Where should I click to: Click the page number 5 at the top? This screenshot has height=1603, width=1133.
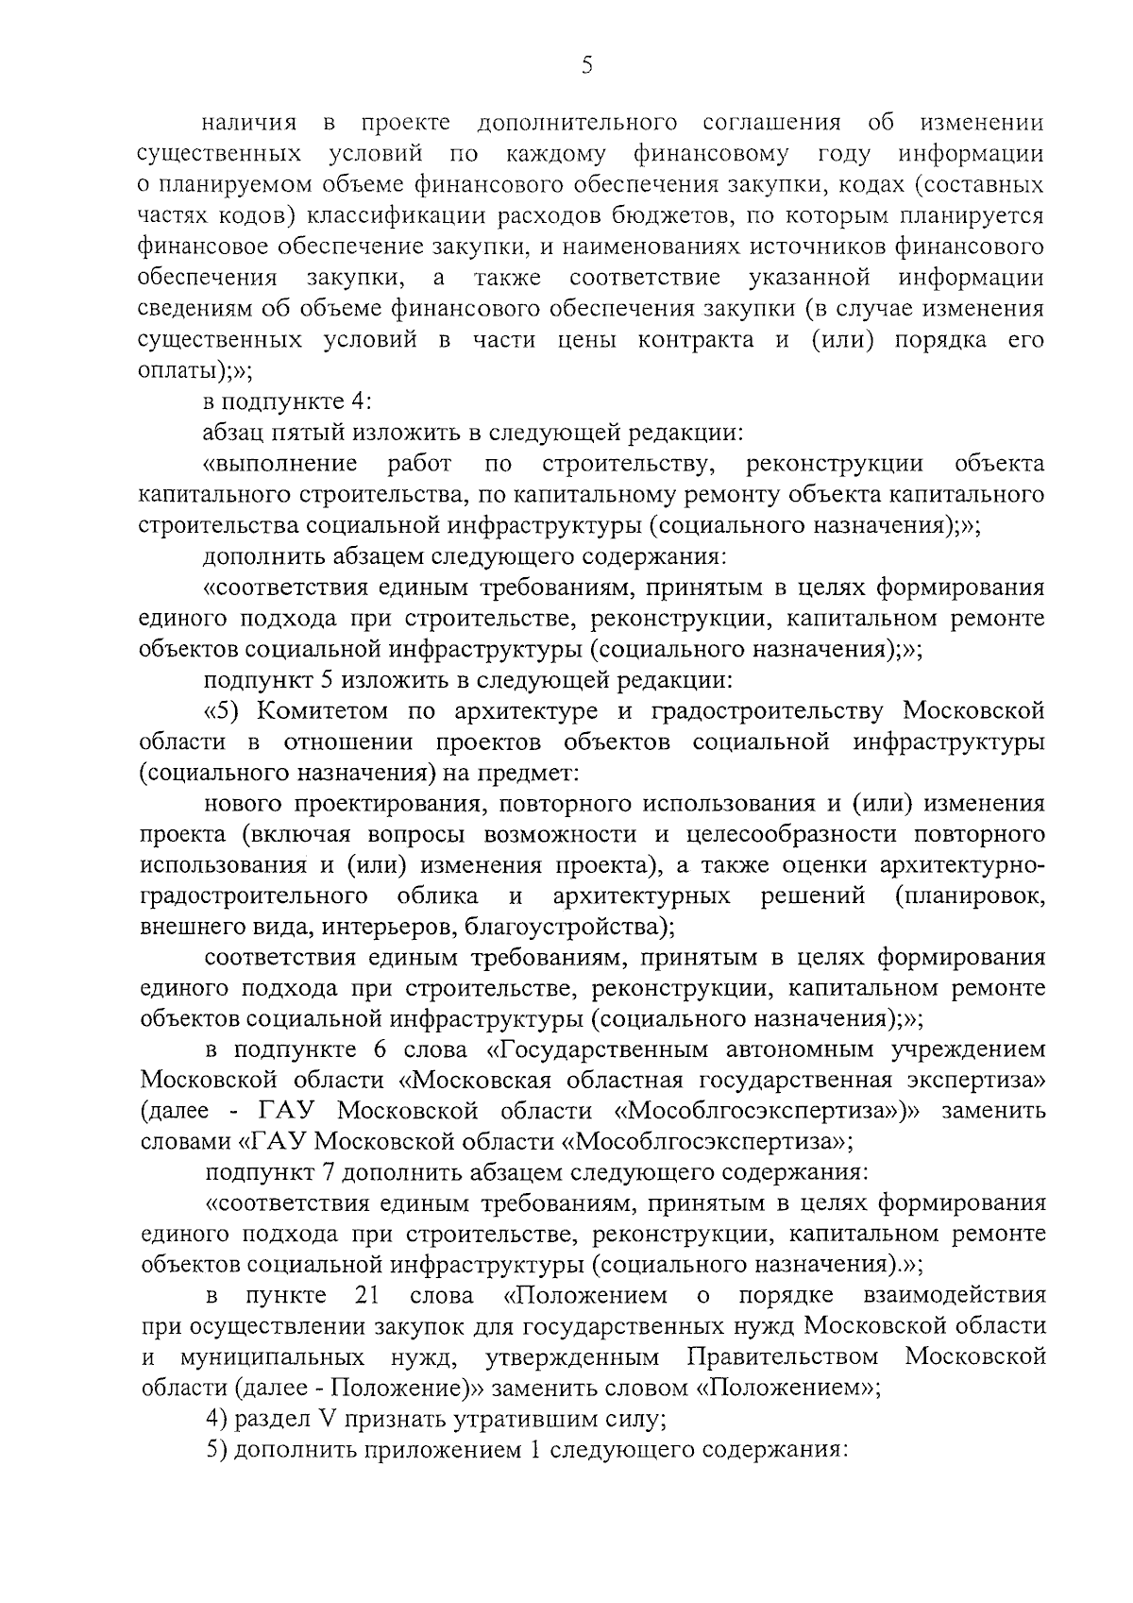click(x=586, y=65)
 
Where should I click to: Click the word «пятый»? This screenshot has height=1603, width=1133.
click(x=313, y=433)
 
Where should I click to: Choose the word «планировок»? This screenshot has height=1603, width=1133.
click(x=972, y=895)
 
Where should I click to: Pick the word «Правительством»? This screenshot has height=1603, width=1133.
click(x=784, y=1357)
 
